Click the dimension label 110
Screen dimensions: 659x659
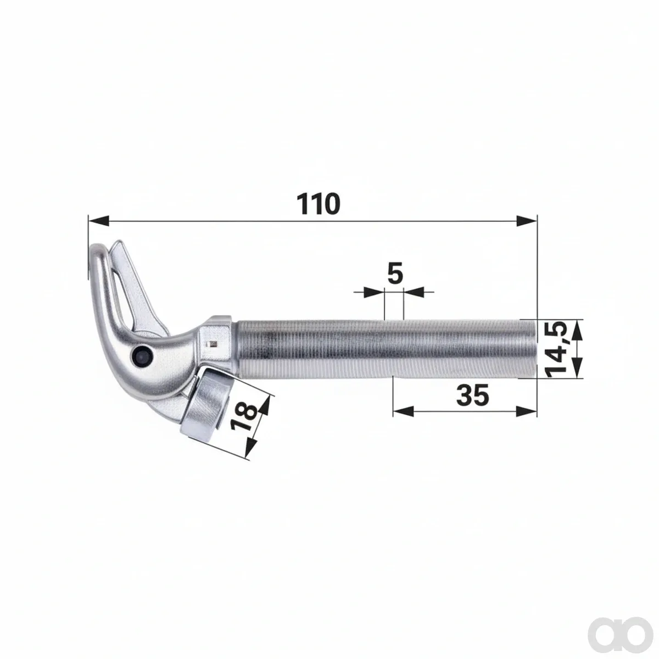tap(318, 204)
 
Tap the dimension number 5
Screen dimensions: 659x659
tap(395, 273)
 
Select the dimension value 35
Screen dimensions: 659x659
tap(473, 395)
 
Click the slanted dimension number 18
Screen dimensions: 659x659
tap(243, 417)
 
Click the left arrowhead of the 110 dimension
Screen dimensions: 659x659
tap(99, 221)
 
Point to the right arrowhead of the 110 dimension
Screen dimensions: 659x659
tap(527, 221)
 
